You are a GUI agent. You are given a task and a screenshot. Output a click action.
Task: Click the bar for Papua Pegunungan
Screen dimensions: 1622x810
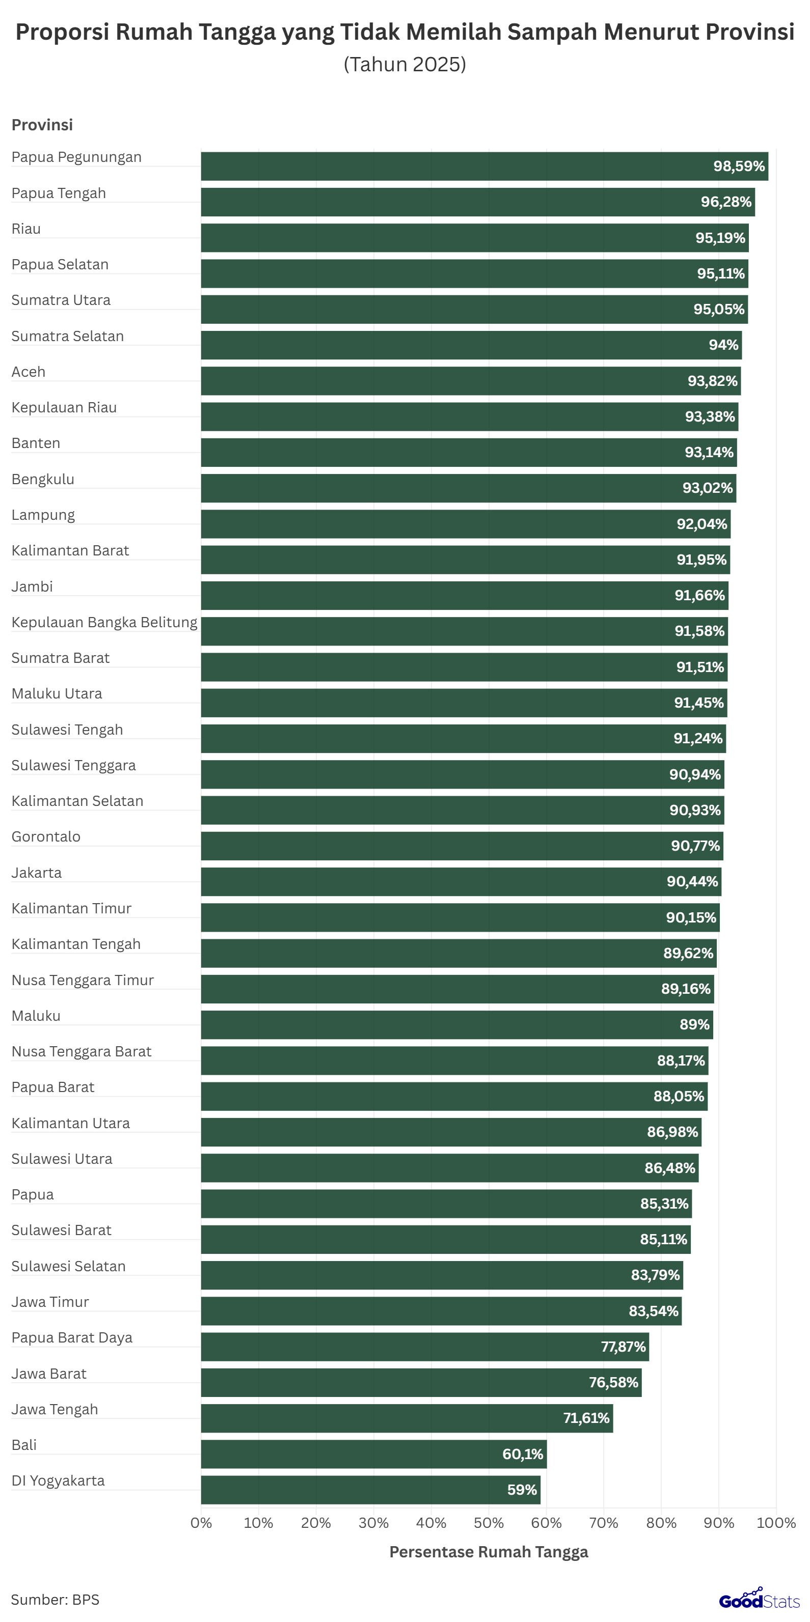tap(484, 166)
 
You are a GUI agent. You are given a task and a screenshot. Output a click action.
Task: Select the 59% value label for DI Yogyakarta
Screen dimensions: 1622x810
tap(522, 1490)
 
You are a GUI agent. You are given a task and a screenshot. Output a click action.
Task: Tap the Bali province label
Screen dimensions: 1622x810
tap(24, 1445)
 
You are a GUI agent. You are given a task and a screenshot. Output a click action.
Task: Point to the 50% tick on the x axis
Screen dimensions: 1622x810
tap(488, 1523)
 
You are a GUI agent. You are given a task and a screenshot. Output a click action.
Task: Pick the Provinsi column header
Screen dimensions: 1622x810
tap(42, 125)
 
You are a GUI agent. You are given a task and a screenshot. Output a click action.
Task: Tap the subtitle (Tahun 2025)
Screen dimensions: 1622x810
tap(404, 64)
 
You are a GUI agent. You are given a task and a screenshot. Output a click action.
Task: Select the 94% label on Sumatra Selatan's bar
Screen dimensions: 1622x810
tap(723, 345)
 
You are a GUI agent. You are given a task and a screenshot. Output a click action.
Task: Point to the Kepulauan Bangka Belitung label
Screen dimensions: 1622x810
tap(104, 622)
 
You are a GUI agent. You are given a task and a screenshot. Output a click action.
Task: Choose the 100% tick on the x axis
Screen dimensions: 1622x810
tap(776, 1523)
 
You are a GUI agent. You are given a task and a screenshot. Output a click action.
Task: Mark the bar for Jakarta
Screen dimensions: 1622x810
tap(461, 882)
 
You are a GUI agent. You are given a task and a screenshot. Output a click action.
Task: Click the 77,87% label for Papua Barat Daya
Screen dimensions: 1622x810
tap(623, 1347)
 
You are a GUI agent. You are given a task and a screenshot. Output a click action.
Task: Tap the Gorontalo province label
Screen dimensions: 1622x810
tap(46, 837)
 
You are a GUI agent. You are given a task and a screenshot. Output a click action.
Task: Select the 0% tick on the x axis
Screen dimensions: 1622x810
tap(202, 1523)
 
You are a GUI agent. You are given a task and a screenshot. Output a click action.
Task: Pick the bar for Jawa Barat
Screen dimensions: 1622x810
tap(421, 1382)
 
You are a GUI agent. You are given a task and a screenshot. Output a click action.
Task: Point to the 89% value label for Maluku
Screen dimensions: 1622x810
tap(694, 1024)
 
